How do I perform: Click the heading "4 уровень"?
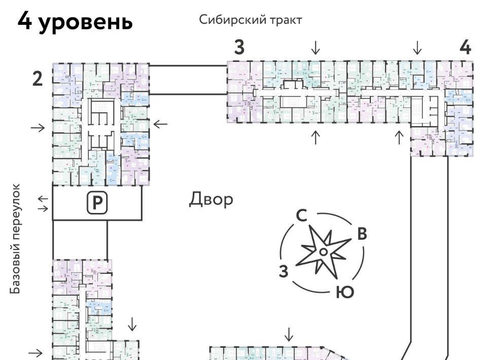pos(75,22)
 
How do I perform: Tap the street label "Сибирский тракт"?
pos(251,20)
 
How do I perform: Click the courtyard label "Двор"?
pos(212,199)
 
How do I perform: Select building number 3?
pos(239,47)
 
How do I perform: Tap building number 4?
pos(465,47)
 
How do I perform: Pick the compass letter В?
pos(362,234)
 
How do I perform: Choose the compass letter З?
pos(284,271)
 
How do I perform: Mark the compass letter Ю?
pos(344,293)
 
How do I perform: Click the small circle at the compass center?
pos(323,251)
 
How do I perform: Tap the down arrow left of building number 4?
pos(417,48)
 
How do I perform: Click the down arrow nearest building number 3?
pos(316,48)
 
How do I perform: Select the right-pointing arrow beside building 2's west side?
pos(38,127)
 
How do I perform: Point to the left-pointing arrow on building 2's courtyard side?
pos(160,124)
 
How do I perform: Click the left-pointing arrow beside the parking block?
pos(43,199)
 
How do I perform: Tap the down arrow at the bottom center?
pos(289,334)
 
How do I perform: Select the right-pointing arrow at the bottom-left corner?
pos(36,353)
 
